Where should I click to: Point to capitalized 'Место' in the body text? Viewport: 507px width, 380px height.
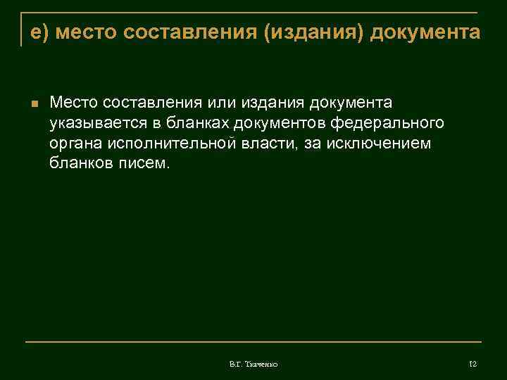73,103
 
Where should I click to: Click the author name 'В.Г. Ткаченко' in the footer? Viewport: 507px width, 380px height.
254,364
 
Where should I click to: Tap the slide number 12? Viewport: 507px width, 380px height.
472,364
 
